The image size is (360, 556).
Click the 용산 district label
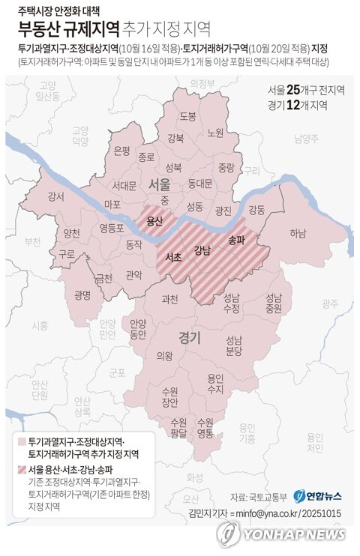click(x=155, y=221)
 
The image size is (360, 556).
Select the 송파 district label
click(x=236, y=239)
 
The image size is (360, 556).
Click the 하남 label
click(x=298, y=233)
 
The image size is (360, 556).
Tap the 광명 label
click(x=82, y=294)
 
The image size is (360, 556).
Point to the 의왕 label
click(x=164, y=356)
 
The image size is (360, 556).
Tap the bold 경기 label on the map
click(x=189, y=338)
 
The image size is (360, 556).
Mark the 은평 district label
click(x=121, y=150)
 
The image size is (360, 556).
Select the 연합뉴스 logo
click(x=317, y=496)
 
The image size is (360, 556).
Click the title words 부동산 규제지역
click(x=68, y=29)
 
